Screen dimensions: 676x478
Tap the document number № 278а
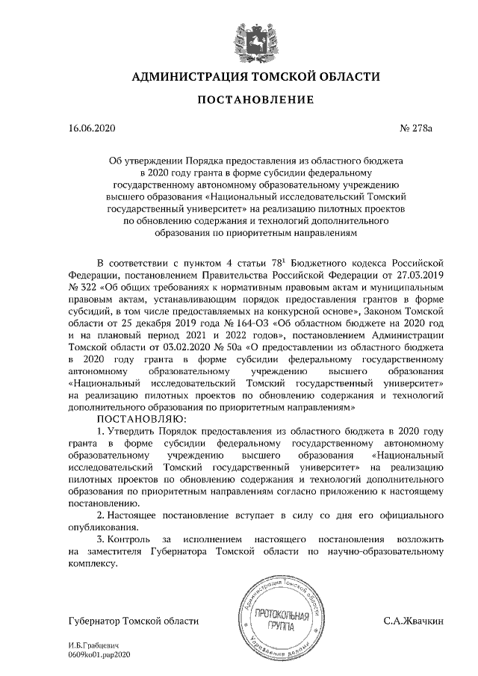click(418, 128)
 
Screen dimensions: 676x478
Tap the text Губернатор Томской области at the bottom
click(133, 621)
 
